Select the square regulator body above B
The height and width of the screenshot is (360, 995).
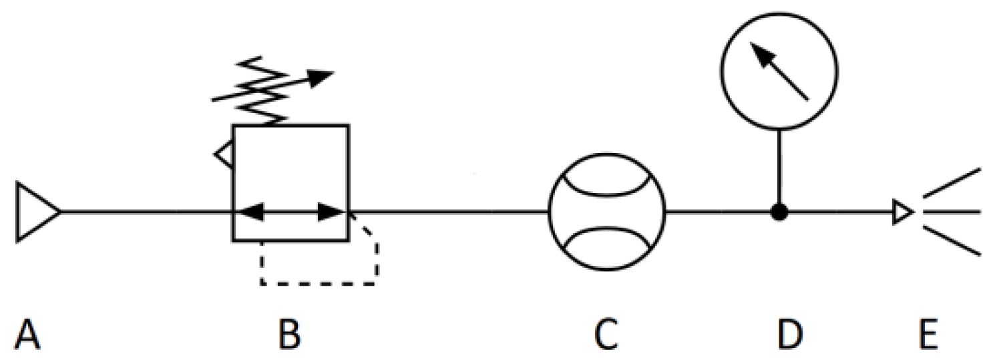tap(290, 174)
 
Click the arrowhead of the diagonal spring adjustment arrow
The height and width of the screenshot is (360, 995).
tap(324, 75)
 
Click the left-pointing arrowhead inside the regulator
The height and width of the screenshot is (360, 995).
tap(249, 212)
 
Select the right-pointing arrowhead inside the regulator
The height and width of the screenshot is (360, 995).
tap(331, 212)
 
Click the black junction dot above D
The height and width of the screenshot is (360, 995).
tap(779, 212)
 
